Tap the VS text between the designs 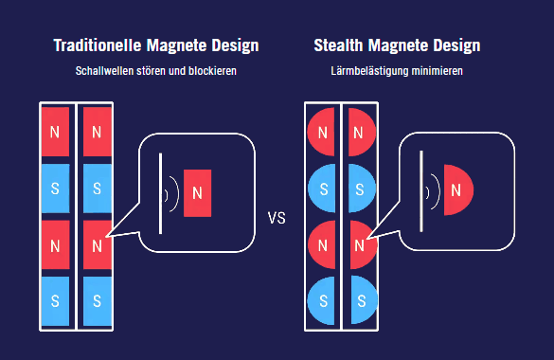pos(277,219)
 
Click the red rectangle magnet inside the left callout pos(197,193)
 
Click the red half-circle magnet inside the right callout pos(456,190)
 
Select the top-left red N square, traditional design pos(56,130)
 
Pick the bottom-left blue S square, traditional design pos(56,300)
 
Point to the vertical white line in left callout pos(159,193)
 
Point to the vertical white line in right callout pos(420,191)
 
